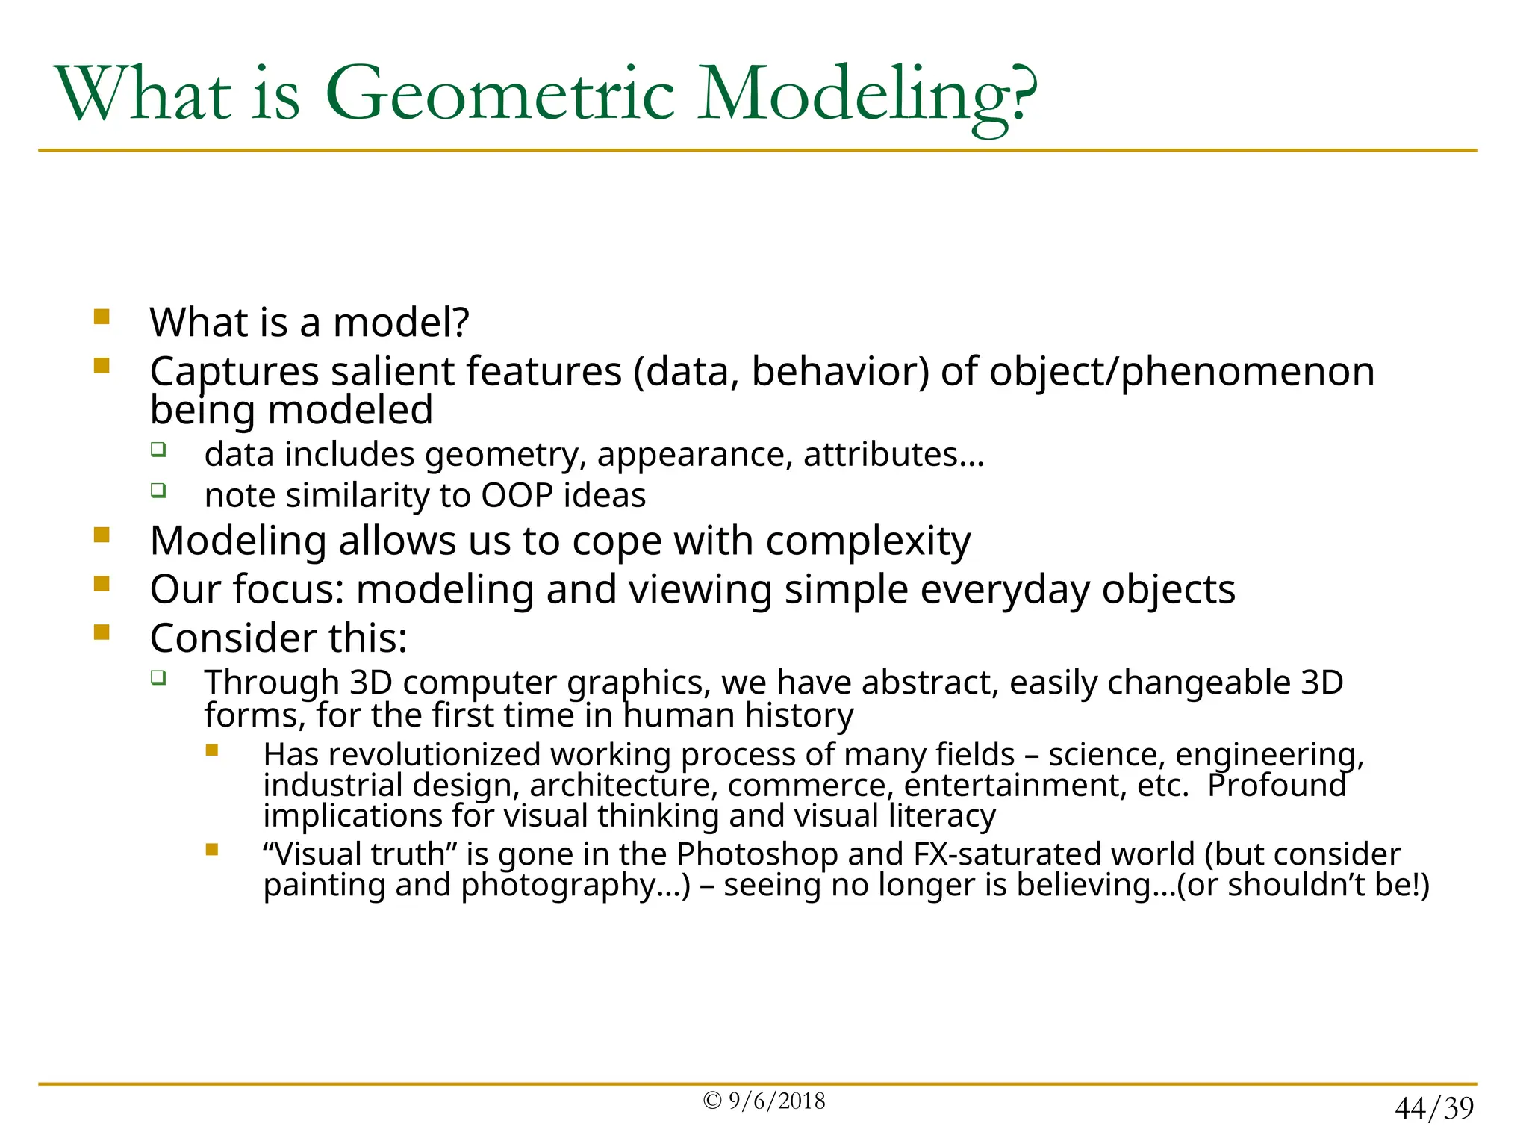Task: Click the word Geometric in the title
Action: click(500, 95)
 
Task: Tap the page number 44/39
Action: click(1433, 1108)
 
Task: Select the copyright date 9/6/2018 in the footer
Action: click(776, 1101)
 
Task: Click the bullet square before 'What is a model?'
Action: click(102, 317)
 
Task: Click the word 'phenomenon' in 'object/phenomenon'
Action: click(1248, 371)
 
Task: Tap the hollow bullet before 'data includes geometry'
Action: click(158, 450)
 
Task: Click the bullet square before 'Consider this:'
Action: click(102, 632)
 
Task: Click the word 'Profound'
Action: click(1277, 786)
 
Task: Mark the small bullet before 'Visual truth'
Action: click(212, 849)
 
